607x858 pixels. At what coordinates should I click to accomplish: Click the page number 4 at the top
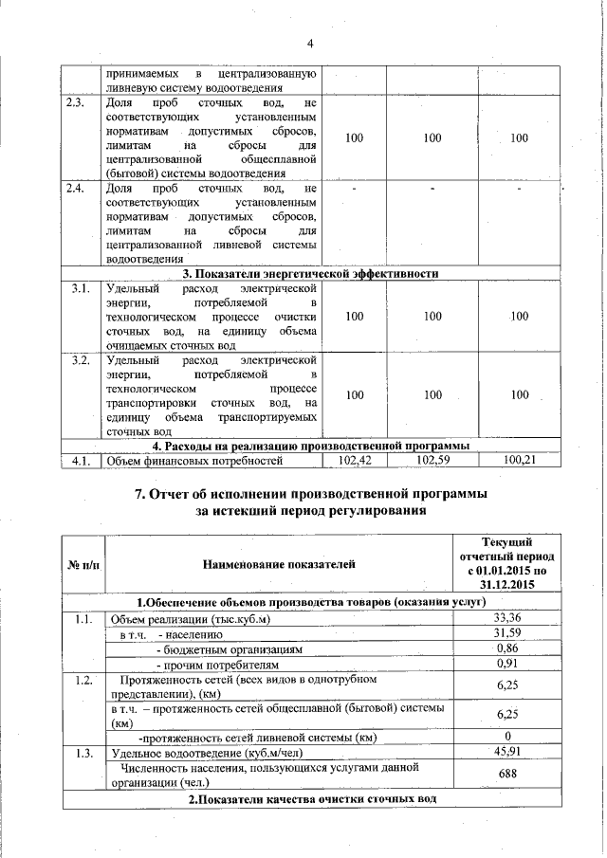[309, 43]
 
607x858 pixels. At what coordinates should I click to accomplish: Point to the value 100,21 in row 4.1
[518, 461]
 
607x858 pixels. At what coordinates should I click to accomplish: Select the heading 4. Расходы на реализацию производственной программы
[311, 447]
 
